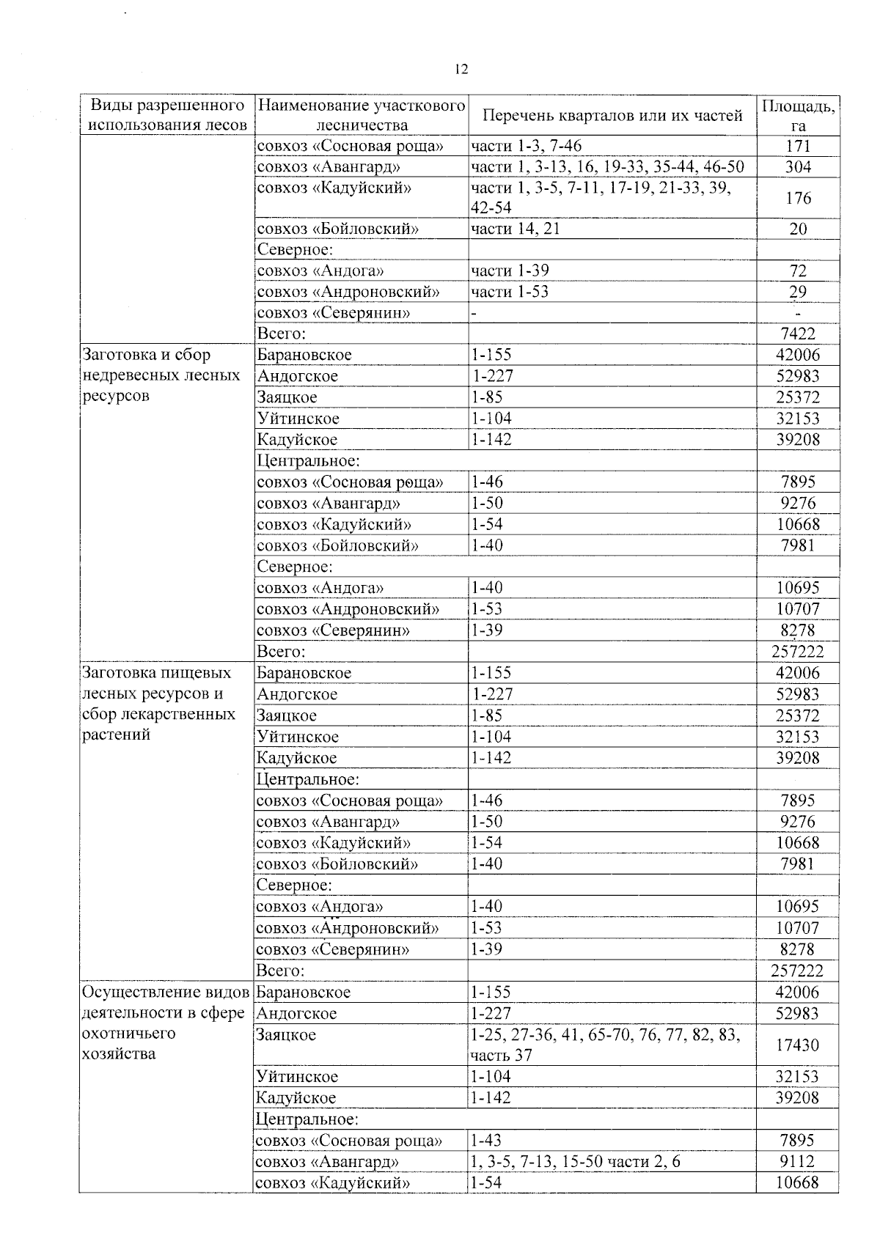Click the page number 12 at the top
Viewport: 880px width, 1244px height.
[x=461, y=70]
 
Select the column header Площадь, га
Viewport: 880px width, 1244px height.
[x=798, y=116]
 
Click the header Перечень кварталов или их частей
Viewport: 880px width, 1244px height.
[x=612, y=116]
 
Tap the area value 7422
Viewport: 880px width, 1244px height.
[x=798, y=334]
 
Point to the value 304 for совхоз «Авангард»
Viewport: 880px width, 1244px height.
[x=798, y=167]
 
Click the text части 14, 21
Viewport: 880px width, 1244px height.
[x=516, y=229]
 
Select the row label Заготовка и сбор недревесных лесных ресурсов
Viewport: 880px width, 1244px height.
[x=161, y=375]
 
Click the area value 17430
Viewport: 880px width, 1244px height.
[x=798, y=1045]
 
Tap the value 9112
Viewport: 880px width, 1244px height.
[x=798, y=1162]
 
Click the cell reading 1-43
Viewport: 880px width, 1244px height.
[x=486, y=1141]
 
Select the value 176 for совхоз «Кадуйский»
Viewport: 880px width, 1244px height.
[x=798, y=198]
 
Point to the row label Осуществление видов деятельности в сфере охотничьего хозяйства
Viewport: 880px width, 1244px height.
[x=163, y=1023]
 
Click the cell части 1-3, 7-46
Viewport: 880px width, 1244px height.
[x=527, y=146]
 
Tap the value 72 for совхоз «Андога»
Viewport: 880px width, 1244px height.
[x=798, y=271]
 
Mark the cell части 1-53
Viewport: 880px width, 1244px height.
[x=510, y=292]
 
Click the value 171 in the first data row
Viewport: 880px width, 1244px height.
[x=798, y=146]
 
